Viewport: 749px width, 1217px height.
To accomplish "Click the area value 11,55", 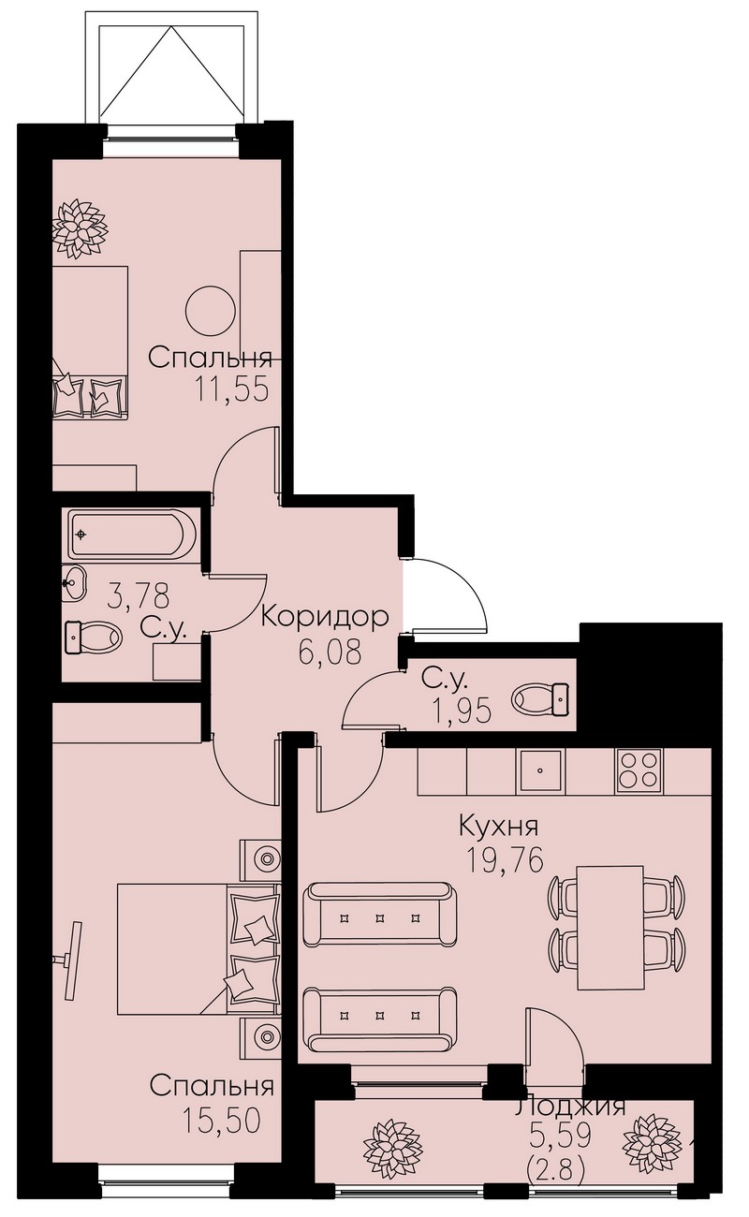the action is pyautogui.click(x=232, y=389).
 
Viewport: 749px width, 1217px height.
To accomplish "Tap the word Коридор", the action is pyautogui.click(x=325, y=618).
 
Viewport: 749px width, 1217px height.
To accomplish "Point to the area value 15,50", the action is pyautogui.click(x=221, y=1120).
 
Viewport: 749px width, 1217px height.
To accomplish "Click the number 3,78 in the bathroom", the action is pyautogui.click(x=139, y=594).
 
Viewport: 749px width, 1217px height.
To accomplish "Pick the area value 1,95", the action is pyautogui.click(x=461, y=711).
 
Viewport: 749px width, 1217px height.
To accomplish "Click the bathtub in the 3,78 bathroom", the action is pyautogui.click(x=133, y=534).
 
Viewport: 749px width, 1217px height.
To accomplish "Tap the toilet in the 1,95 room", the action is pyautogui.click(x=540, y=699).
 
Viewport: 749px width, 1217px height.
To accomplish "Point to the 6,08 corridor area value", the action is pyautogui.click(x=329, y=651).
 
